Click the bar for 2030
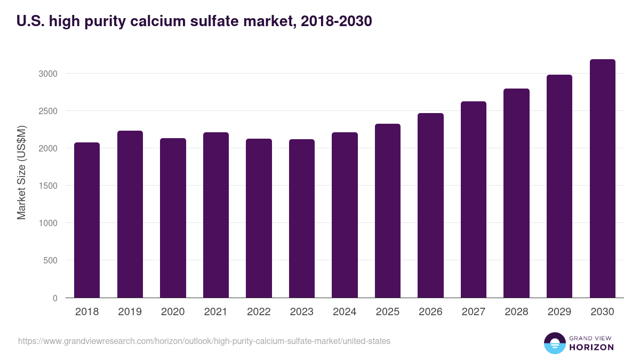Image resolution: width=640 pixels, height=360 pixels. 602,179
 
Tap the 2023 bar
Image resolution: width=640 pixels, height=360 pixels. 301,219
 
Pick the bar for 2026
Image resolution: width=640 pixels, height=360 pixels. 430,205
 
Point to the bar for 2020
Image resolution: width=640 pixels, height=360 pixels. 173,218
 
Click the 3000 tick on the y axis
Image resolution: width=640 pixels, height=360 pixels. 47,74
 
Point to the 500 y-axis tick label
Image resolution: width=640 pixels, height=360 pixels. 50,261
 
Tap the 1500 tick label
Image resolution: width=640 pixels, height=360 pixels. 47,186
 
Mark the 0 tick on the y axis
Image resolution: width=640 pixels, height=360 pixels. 55,298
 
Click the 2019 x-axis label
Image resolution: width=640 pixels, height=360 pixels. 130,312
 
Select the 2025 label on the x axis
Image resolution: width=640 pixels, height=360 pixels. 388,312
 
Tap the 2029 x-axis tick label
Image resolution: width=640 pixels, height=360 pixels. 559,312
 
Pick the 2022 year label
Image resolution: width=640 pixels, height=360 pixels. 259,312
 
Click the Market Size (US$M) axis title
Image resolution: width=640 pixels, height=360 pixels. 22,172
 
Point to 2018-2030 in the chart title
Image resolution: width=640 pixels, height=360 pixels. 337,21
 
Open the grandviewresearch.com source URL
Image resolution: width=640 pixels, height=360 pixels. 204,341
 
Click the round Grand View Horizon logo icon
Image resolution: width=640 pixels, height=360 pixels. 555,343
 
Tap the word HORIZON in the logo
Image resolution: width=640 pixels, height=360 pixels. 592,347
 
